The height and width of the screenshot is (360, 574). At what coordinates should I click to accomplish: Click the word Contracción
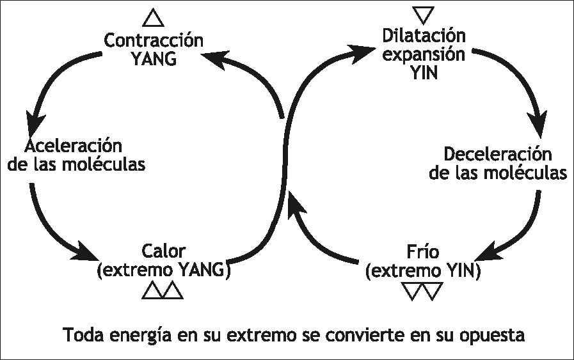tap(154, 41)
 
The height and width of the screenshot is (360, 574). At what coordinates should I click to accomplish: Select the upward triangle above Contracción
tap(154, 17)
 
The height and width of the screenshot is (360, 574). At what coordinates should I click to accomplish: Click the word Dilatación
tap(423, 35)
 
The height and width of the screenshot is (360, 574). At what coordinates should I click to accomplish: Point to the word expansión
tap(423, 54)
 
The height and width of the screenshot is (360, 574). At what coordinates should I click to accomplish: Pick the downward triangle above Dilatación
tap(424, 14)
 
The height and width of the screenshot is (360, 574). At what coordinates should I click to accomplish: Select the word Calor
tap(163, 250)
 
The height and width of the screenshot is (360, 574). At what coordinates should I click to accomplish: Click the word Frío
tap(423, 250)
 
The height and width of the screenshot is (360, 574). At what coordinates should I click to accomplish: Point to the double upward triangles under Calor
tap(163, 290)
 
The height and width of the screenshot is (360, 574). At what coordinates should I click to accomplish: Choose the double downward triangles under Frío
tap(423, 291)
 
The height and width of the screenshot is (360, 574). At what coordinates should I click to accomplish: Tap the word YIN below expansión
tap(423, 72)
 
